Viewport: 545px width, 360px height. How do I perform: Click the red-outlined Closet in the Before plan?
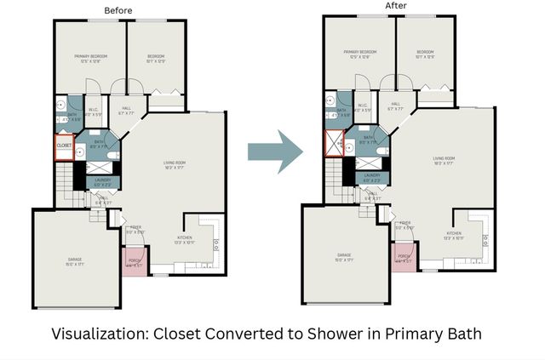[64, 146]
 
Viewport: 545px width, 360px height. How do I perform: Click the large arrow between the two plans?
[275, 151]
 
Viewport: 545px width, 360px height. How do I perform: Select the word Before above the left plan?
[119, 9]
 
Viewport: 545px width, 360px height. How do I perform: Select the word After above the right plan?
[396, 6]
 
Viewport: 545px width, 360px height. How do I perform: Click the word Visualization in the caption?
[101, 334]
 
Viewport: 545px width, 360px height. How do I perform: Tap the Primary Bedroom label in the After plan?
[358, 54]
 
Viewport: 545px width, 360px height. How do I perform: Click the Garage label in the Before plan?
[75, 259]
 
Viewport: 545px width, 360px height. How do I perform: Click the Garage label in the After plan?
[344, 255]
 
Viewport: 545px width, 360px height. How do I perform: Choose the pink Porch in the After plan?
[404, 257]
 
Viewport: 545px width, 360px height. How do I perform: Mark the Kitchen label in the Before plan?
[185, 239]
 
